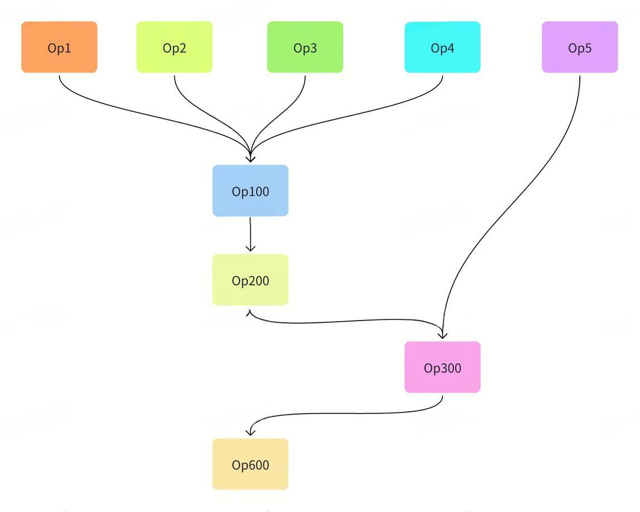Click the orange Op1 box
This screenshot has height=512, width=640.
pyautogui.click(x=59, y=47)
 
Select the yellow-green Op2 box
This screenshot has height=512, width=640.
pyautogui.click(x=174, y=47)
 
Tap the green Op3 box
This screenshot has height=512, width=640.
pyautogui.click(x=305, y=47)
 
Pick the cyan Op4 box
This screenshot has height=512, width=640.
pyautogui.click(x=442, y=47)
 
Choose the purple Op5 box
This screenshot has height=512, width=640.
pyautogui.click(x=580, y=47)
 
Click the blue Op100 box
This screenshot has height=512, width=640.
pyautogui.click(x=250, y=190)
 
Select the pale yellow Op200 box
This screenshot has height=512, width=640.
pyautogui.click(x=250, y=280)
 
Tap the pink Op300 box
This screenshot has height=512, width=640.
pyautogui.click(x=442, y=367)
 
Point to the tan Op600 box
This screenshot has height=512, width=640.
pyautogui.click(x=250, y=464)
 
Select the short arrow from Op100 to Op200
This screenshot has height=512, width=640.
pyautogui.click(x=250, y=234)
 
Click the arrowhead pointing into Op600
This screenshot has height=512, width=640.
pyautogui.click(x=251, y=432)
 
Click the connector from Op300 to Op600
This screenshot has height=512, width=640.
pyautogui.click(x=345, y=413)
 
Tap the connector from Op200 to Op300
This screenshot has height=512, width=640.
pyautogui.click(x=345, y=321)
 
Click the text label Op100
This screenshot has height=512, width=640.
pyautogui.click(x=250, y=191)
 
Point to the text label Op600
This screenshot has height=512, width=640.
pyautogui.click(x=250, y=465)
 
